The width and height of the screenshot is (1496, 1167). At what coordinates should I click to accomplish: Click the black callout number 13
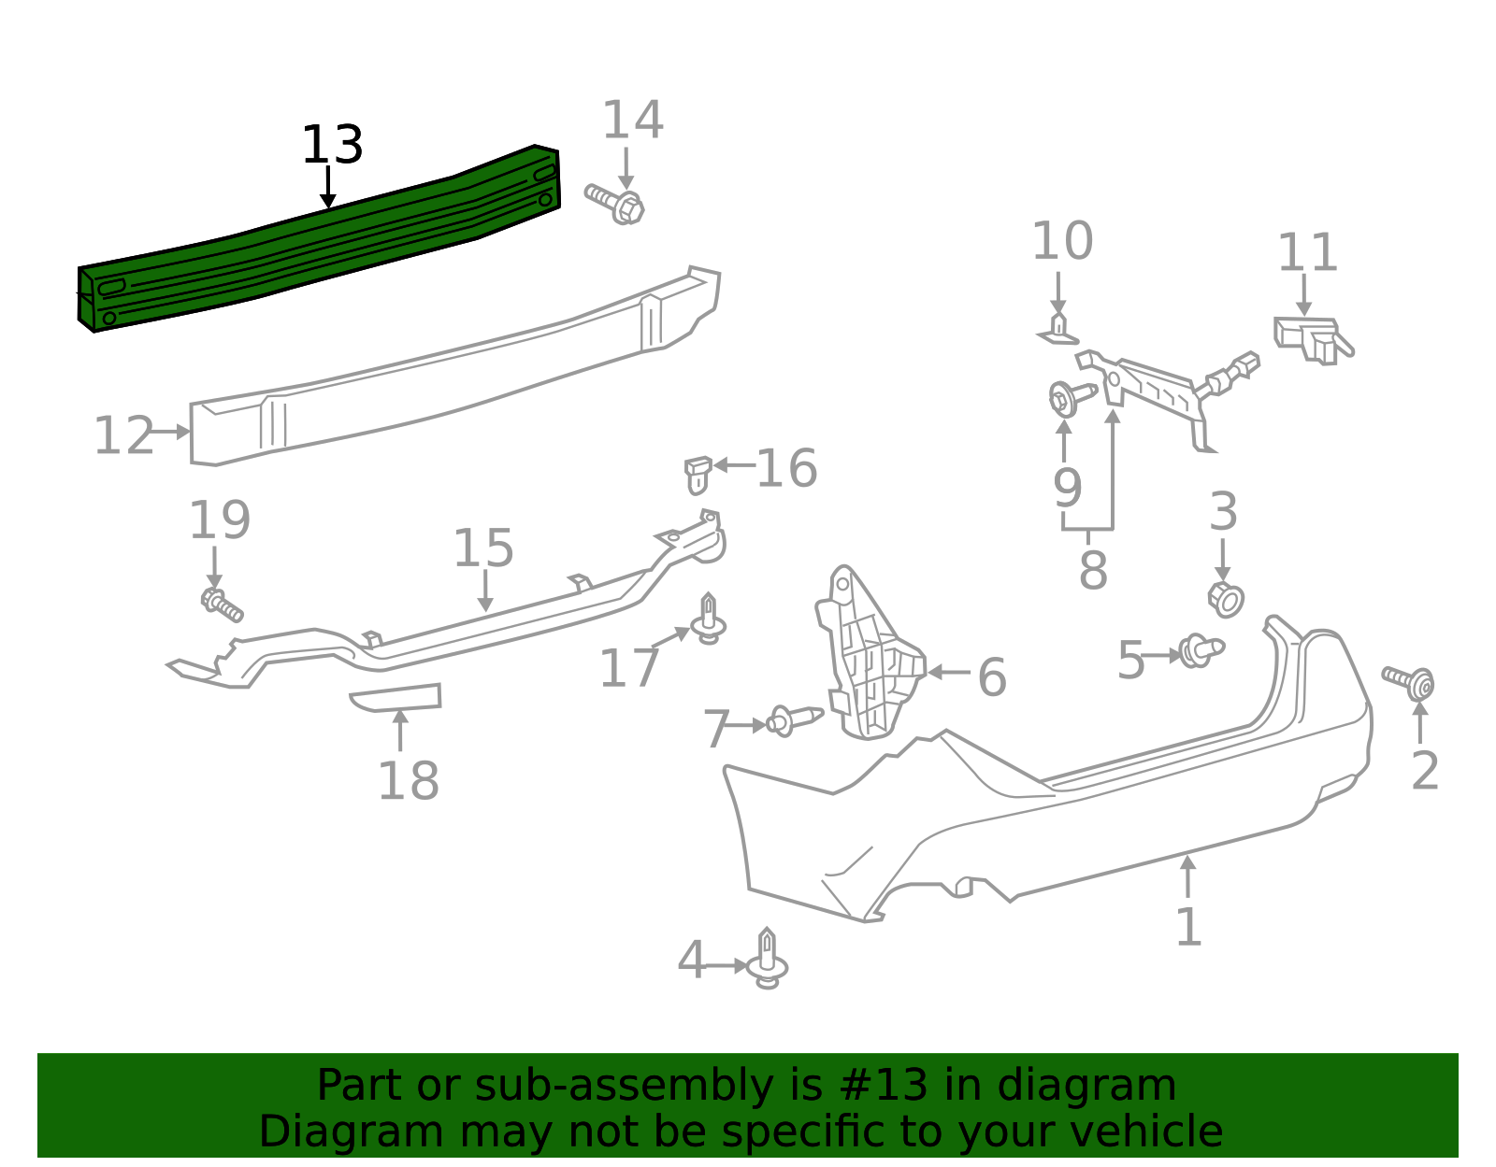(332, 146)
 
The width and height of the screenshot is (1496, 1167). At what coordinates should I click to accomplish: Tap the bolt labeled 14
(617, 204)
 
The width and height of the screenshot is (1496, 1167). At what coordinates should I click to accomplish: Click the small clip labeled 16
(698, 474)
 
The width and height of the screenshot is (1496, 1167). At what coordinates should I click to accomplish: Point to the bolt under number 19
(222, 604)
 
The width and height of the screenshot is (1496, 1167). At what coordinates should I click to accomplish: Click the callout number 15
(483, 548)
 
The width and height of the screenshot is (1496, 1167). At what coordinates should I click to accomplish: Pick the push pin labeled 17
(709, 620)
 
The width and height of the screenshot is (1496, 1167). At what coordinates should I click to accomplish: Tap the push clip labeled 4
(767, 960)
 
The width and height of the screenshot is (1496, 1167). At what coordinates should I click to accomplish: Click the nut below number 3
(1225, 599)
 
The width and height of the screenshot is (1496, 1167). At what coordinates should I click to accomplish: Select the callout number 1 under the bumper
(1187, 928)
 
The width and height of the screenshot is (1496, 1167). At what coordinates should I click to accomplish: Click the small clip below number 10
(1058, 330)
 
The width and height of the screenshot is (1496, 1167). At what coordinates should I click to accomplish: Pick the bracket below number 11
(1309, 338)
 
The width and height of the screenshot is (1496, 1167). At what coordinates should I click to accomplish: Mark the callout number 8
(1092, 570)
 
